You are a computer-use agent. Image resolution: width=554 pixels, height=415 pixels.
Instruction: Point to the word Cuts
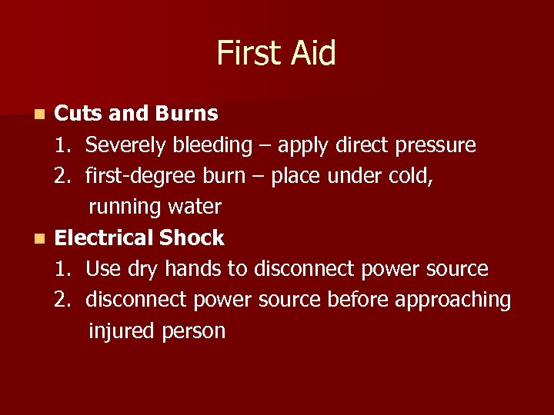79,114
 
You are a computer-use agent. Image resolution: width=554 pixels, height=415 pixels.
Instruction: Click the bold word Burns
186,114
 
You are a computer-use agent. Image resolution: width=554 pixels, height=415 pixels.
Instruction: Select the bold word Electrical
104,238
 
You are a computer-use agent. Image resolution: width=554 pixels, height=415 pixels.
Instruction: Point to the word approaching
453,300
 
